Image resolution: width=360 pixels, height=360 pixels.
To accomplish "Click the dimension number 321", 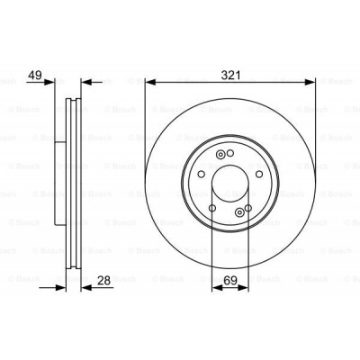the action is (230, 76).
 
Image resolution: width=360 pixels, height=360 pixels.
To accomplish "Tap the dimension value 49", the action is (35, 76).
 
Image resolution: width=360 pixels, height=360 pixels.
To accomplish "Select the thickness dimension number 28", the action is (103, 281).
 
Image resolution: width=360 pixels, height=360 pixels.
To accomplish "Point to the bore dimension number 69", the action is (230, 281).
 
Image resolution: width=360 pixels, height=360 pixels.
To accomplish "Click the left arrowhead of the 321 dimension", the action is (151, 82).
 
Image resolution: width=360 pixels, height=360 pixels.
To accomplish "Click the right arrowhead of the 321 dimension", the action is (310, 82).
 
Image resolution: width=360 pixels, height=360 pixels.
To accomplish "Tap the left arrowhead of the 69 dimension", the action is (218, 288).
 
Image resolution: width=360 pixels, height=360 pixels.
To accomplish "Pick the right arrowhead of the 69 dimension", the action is (243, 288).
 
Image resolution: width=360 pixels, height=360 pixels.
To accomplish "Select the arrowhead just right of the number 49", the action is (49, 82).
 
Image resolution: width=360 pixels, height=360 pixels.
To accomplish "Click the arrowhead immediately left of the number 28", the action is (86, 288).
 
